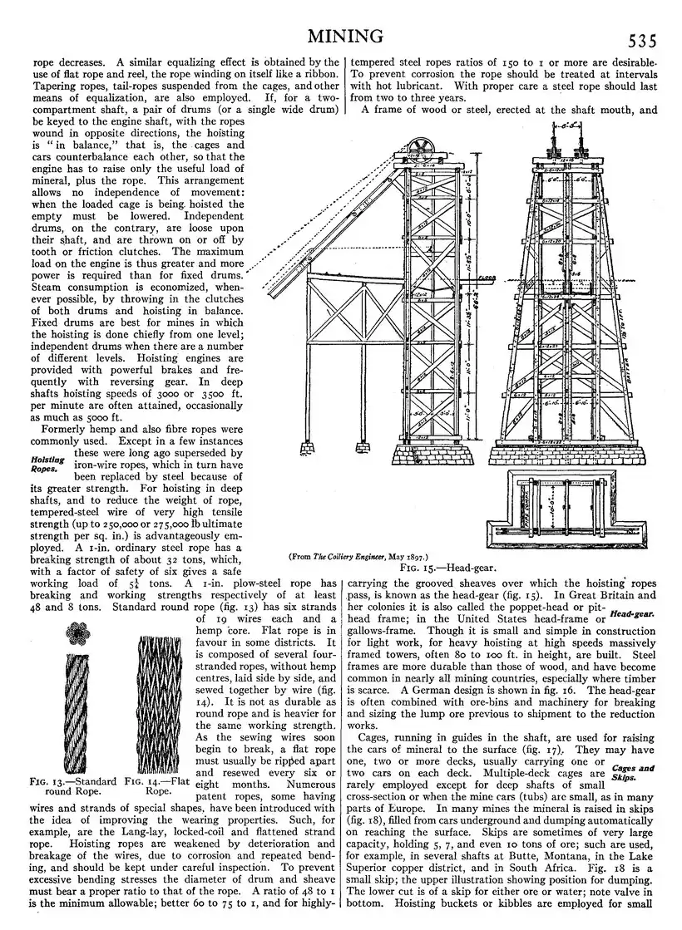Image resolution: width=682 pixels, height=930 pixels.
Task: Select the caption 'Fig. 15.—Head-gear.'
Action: (447, 568)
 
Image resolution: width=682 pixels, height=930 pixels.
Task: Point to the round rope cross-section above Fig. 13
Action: (82, 633)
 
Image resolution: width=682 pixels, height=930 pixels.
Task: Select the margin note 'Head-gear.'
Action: (632, 615)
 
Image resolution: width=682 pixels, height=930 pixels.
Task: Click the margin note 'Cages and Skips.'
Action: (632, 773)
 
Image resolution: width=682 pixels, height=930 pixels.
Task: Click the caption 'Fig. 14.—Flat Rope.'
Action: (156, 785)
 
